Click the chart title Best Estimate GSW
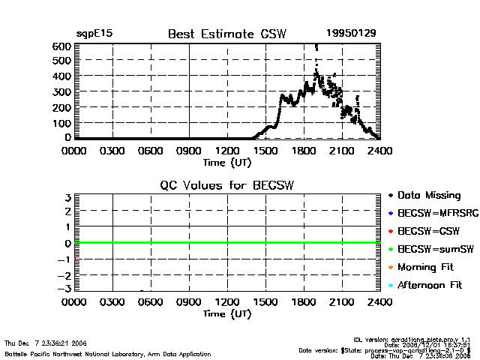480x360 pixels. [x=227, y=34]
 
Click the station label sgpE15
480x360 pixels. [x=94, y=34]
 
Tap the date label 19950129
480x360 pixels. [x=347, y=34]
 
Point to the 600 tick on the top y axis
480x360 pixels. [x=61, y=46]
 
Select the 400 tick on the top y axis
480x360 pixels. [x=61, y=76]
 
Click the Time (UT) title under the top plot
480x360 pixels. [x=227, y=161]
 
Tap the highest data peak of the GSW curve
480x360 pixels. [x=316, y=46]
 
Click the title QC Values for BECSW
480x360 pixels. [x=227, y=185]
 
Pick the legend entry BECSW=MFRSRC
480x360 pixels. [x=432, y=214]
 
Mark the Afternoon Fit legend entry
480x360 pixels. [x=430, y=286]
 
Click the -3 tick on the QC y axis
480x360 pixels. [x=64, y=289]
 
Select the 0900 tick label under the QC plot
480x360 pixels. [x=189, y=302]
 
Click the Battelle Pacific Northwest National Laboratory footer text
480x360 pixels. [x=108, y=354]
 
